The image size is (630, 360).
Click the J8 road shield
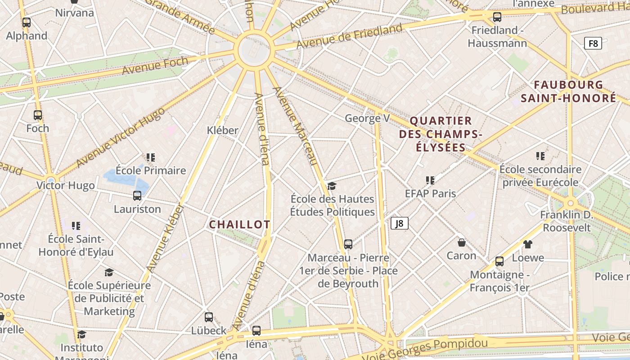tap(399, 223)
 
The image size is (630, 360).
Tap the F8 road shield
tap(593, 43)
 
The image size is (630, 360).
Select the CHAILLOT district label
tap(239, 224)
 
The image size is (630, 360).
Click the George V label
tap(367, 118)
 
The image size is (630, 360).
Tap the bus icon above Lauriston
tap(137, 196)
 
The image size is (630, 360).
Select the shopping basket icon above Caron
tap(461, 243)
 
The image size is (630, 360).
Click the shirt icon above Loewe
tap(528, 244)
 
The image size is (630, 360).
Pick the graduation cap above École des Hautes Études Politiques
tap(332, 186)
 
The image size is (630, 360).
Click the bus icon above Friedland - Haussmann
tap(497, 17)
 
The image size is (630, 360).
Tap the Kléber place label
tap(222, 130)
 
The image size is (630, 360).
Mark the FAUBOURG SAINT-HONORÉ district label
tap(568, 91)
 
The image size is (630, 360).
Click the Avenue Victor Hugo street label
tap(121, 137)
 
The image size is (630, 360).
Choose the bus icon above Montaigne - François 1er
tap(499, 261)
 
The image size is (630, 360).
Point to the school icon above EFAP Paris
tap(430, 180)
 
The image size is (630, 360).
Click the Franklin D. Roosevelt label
tap(567, 221)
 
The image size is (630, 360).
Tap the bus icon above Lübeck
tap(208, 317)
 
